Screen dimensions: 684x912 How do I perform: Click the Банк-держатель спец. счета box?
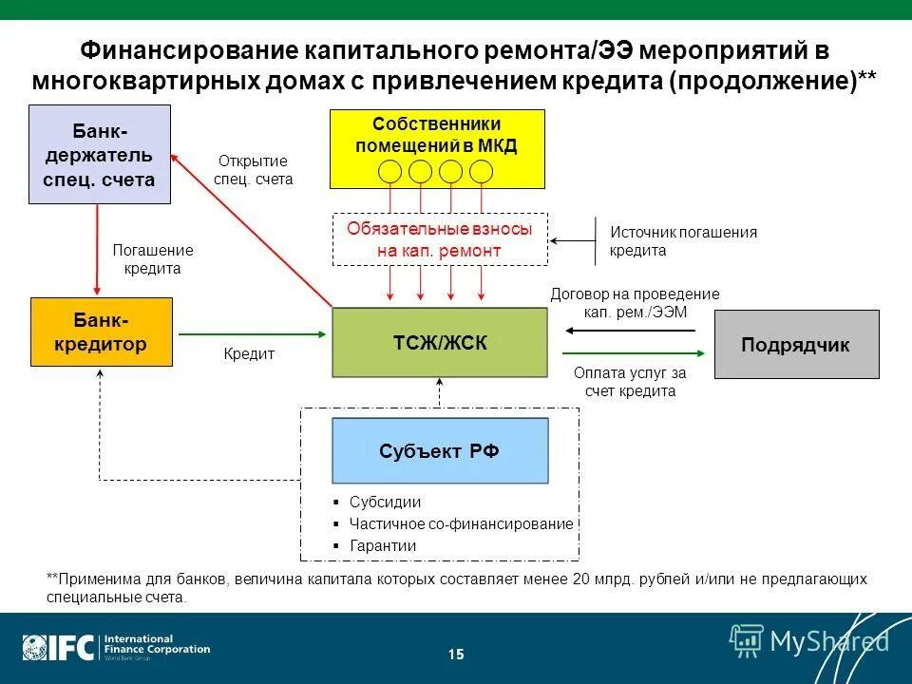coord(100,154)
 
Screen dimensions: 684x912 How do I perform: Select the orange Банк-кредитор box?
coord(102,332)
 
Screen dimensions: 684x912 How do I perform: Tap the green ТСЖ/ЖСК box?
coord(439,342)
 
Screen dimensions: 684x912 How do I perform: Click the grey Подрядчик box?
coord(796,344)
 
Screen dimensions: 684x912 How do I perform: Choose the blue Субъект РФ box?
coord(439,450)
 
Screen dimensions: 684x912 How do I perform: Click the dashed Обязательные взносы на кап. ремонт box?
coord(440,239)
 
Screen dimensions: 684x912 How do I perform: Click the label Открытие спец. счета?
coord(253,170)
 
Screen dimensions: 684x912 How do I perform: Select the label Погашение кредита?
coord(153,259)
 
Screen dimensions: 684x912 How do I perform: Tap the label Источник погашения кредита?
coord(683,241)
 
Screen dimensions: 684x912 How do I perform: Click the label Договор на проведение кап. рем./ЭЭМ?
coord(635,303)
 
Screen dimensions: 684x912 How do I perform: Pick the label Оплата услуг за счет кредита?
coord(629,382)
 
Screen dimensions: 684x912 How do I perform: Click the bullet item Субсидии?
coord(385,503)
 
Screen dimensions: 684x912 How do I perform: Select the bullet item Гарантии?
coord(383,545)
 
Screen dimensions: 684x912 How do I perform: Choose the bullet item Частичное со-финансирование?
coord(461,523)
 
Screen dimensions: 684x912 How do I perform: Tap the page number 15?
coord(456,654)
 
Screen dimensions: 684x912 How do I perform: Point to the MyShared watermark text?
coord(828,641)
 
